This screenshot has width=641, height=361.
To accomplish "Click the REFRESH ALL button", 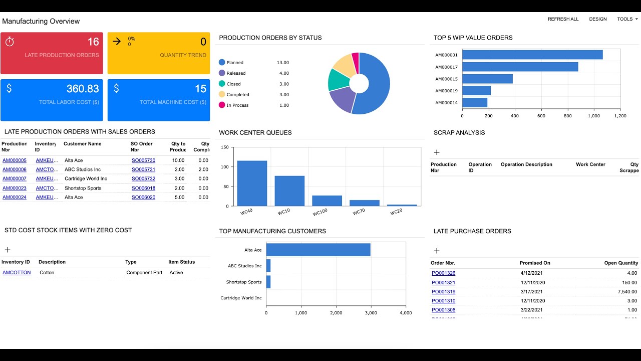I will click(563, 19).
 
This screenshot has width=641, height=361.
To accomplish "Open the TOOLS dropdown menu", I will click(627, 19).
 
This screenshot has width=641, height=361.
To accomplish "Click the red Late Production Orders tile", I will click(52, 53).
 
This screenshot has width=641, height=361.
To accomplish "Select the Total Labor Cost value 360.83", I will click(83, 89).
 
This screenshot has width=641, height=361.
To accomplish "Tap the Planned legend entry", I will click(235, 63).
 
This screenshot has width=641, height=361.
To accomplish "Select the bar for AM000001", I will click(532, 55).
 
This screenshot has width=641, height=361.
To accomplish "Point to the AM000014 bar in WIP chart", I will click(474, 103).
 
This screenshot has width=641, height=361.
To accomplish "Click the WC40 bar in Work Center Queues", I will click(252, 183).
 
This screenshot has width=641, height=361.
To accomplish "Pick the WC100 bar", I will click(327, 201).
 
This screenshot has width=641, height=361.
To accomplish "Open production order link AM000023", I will click(15, 188).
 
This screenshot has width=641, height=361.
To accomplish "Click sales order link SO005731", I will click(143, 169).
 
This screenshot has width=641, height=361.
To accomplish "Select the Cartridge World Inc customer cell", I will click(86, 178).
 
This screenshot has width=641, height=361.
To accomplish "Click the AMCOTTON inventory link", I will click(17, 273).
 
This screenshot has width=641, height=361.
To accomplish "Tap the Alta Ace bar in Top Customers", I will click(318, 250).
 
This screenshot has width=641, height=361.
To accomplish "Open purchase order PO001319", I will click(443, 292).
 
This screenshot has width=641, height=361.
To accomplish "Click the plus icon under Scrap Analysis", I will click(437, 152).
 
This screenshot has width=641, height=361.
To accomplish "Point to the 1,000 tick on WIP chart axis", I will click(594, 116).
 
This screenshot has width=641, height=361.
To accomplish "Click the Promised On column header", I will click(534, 263).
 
